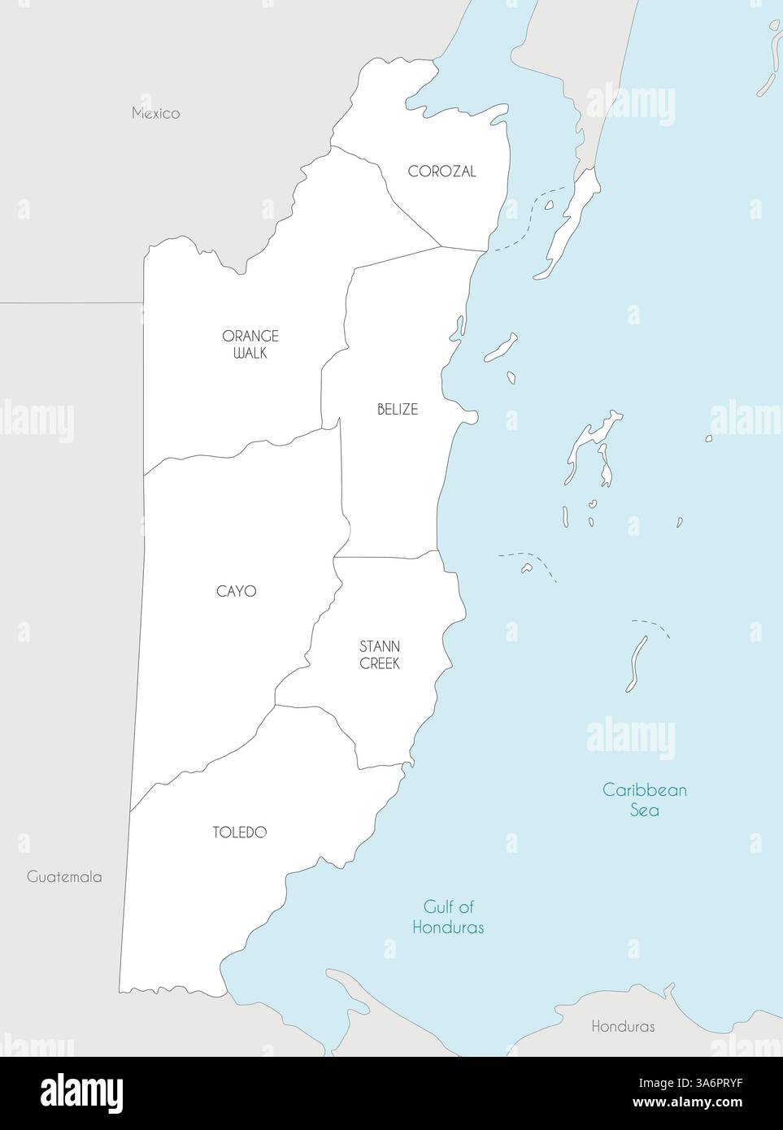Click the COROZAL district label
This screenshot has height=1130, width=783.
point(442,172)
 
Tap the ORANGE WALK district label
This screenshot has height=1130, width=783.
point(250,344)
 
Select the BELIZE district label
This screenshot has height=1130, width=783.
point(397,409)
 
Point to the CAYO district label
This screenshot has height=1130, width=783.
point(236,591)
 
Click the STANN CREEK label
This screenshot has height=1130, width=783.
point(380,654)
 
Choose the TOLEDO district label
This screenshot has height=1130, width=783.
point(240,832)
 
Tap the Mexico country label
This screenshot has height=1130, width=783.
point(156,113)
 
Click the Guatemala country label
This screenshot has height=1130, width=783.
point(64,876)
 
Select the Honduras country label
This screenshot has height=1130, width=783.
point(623,1026)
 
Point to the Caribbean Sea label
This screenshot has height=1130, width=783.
point(645,799)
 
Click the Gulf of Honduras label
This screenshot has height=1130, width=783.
point(448,916)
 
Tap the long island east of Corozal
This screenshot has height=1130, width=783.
point(569,224)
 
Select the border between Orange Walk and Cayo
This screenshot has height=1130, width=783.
point(244,446)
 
